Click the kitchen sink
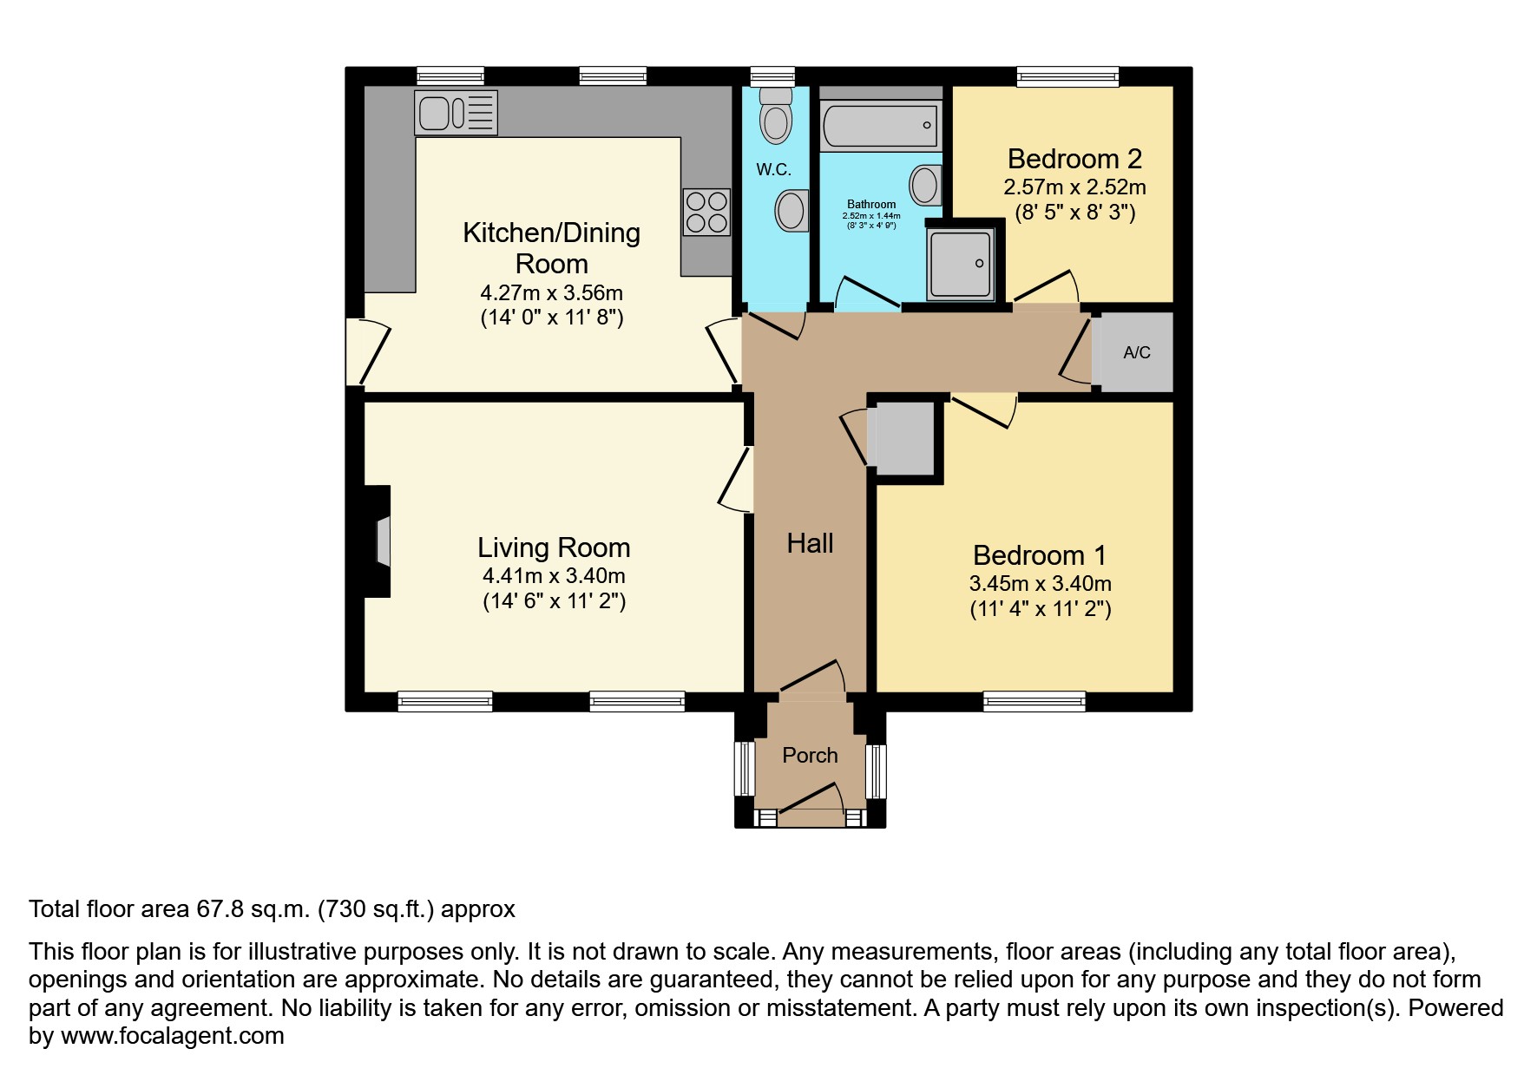pos(456,112)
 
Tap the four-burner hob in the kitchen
pos(706,212)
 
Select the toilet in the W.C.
pos(775,115)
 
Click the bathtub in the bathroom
pos(880,124)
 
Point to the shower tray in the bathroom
pos(960,263)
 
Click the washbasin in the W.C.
pos(791,210)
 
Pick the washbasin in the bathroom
pos(925,185)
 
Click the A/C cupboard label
pos(1137,352)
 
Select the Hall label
pos(810,543)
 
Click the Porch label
pos(810,755)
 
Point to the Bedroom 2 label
pos(1074,159)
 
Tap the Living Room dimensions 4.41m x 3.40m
pos(554,575)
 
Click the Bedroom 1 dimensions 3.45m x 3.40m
pos(1040,584)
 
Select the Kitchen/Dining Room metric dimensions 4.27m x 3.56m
pos(552,292)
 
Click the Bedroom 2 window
pos(1067,77)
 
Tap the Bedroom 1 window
pos(1034,701)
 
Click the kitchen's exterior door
pos(368,351)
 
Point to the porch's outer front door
pos(811,799)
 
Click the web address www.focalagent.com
pos(173,1036)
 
